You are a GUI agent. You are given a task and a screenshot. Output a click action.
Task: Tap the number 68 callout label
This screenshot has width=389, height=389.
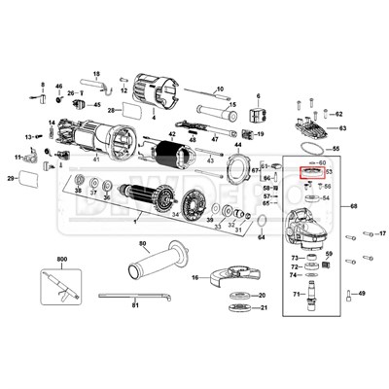click(x=354, y=206)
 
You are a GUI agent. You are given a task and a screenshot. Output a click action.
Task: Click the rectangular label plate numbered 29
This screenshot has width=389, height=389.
click(x=30, y=179)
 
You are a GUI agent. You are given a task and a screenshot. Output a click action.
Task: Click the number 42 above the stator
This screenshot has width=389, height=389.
click(x=171, y=135)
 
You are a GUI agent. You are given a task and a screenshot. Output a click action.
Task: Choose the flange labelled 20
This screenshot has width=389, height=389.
click(x=233, y=295)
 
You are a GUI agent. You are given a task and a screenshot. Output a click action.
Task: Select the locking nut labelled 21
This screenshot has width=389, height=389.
click(x=233, y=309)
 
